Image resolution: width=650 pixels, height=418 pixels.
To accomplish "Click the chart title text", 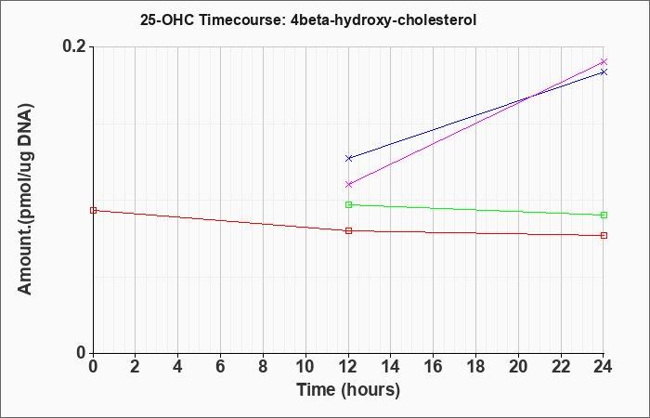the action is click(308, 20).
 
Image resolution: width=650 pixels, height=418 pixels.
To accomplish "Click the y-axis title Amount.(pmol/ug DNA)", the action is click(25, 200).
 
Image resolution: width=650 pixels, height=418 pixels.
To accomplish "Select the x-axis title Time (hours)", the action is click(348, 390).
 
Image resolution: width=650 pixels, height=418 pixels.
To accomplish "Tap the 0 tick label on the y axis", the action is click(82, 353).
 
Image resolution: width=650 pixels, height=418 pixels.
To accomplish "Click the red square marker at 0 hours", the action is click(93, 210).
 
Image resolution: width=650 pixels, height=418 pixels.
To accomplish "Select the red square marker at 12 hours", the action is click(348, 230).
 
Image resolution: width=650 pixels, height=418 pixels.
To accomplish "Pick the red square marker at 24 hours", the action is click(604, 236).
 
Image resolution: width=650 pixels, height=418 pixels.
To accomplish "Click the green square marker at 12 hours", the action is click(348, 204).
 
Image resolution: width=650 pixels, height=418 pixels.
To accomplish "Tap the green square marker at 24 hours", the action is click(604, 215).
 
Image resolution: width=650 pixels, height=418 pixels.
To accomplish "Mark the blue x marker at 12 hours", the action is click(348, 158).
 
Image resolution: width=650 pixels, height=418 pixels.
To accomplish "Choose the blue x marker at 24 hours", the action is click(604, 72).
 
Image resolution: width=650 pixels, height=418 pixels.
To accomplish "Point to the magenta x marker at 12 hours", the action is click(348, 184).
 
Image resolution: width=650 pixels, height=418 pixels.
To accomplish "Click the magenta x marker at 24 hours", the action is click(604, 62).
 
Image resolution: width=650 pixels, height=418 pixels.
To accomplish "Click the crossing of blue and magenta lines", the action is click(529, 98).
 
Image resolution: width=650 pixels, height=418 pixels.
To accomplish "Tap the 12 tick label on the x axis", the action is click(348, 367).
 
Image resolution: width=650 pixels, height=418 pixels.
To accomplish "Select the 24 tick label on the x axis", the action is click(603, 367).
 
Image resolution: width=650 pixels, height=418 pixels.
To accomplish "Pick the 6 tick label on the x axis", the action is click(221, 367).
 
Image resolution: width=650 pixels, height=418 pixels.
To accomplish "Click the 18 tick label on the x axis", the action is click(475, 367).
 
